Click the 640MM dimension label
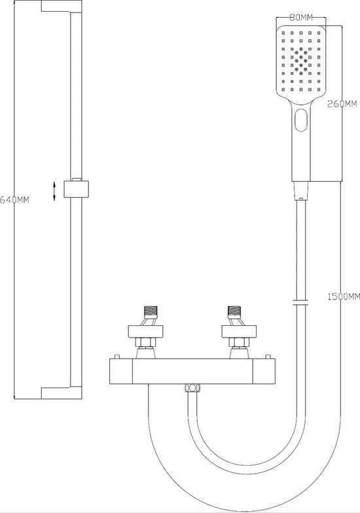(x=14, y=200)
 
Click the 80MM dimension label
(x=301, y=18)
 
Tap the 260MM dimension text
(x=342, y=104)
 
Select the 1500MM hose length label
(x=344, y=297)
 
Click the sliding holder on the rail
(x=76, y=188)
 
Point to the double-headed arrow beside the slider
(x=54, y=191)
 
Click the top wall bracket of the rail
(x=62, y=7)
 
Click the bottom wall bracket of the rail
(x=62, y=393)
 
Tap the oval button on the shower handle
(x=301, y=120)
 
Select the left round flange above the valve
(x=145, y=331)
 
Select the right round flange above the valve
(x=239, y=331)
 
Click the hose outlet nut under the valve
(x=192, y=388)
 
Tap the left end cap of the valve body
(x=120, y=372)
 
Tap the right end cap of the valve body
(x=264, y=372)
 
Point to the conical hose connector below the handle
(x=301, y=190)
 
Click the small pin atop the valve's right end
(x=268, y=357)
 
